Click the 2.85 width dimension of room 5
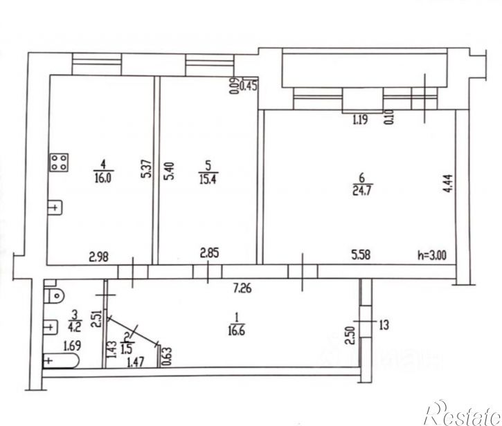coord(209,254)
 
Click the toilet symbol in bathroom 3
coord(54,296)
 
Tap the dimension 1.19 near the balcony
coord(359,120)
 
